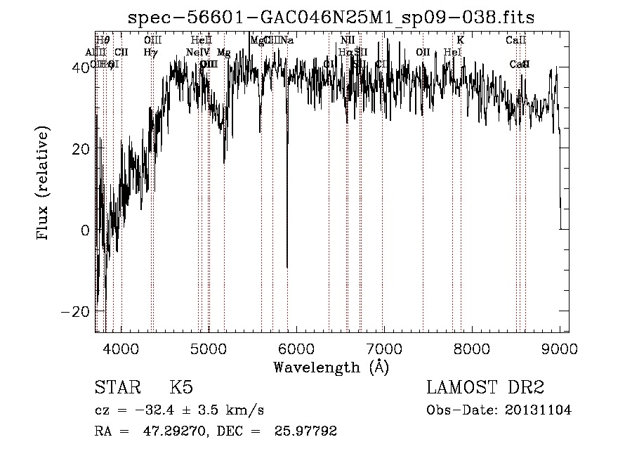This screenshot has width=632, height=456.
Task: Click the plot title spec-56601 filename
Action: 331,19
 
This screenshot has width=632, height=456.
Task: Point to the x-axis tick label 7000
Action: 383,348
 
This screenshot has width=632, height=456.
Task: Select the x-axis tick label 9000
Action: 559,348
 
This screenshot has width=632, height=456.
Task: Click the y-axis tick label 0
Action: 85,230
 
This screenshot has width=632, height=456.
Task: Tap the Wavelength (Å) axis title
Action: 331,367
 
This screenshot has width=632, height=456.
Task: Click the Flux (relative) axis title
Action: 44,184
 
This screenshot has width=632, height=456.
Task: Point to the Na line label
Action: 287,41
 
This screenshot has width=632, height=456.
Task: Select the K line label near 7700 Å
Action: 461,41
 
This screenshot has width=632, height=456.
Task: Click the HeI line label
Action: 453,53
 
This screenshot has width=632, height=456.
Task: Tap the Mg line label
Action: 223,53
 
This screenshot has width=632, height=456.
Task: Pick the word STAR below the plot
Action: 117,388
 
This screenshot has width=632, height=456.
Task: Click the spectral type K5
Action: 181,388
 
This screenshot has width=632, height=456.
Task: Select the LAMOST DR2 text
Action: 485,388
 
